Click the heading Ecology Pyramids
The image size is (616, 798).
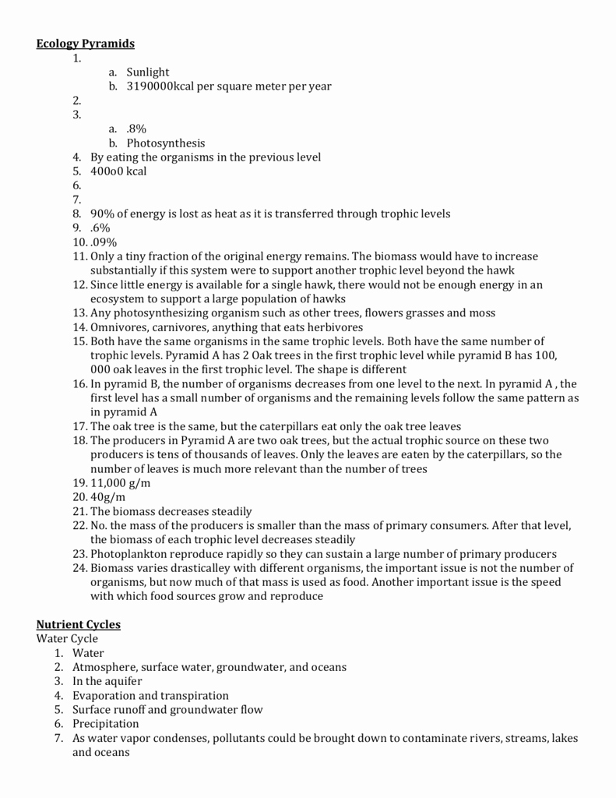[x=86, y=44]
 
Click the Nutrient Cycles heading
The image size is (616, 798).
[x=79, y=624]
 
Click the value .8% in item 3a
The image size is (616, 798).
[x=136, y=129]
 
